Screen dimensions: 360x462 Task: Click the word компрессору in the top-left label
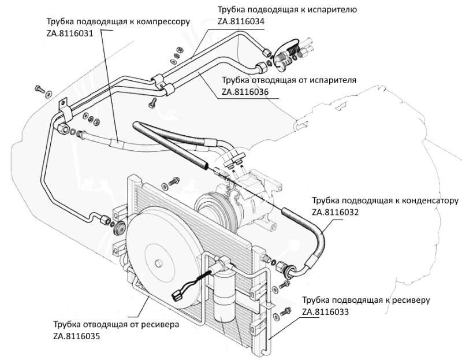click(163, 22)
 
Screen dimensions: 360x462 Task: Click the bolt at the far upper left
click(39, 88)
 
